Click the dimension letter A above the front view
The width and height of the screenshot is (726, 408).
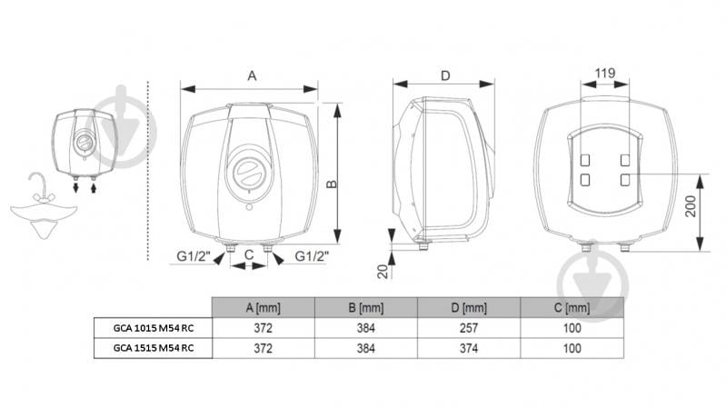pos(252,75)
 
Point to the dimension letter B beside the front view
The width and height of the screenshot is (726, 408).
pos(332,184)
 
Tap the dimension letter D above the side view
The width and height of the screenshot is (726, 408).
pos(445,75)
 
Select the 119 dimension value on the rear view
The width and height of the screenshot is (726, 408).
pos(604,74)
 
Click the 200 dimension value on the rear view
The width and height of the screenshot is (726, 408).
pos(691,206)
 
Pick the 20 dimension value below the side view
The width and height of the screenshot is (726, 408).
pos(383,272)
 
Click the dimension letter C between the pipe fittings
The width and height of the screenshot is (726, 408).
pos(249,254)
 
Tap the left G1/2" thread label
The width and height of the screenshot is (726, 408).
pos(194,255)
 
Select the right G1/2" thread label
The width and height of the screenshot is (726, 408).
pos(312,255)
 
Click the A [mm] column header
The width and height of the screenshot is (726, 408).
pos(263,307)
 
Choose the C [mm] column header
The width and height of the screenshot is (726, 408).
pos(572,307)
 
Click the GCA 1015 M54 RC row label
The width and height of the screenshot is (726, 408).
pos(154,328)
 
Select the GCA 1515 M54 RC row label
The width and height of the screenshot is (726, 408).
pos(154,348)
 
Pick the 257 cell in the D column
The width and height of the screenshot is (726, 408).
pos(469,328)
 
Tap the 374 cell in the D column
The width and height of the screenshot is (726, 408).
pos(469,348)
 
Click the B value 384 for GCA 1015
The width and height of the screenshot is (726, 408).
pos(366,328)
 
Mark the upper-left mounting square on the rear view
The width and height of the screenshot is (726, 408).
pos(585,160)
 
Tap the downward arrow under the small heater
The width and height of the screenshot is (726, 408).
pos(76,187)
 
